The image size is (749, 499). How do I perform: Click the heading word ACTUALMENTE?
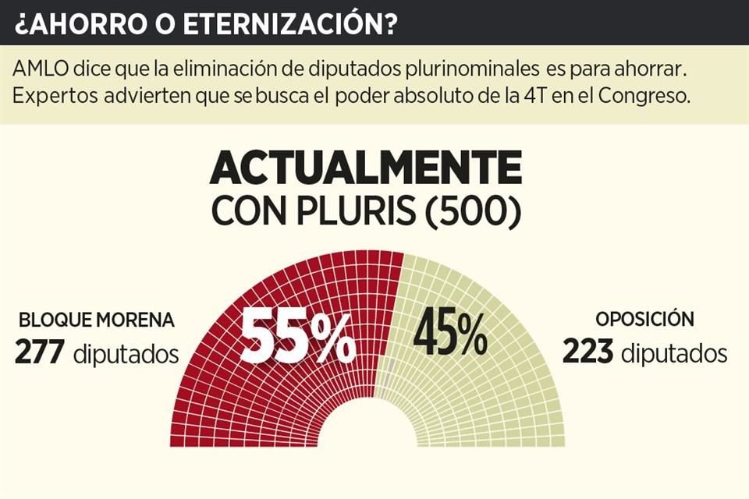coord(366,168)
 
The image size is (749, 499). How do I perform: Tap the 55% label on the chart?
coord(297,337)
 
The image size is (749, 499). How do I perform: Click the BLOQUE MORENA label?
coord(97,320)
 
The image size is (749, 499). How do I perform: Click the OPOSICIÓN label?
coord(644,320)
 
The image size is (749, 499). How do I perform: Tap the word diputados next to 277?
coord(126,354)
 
